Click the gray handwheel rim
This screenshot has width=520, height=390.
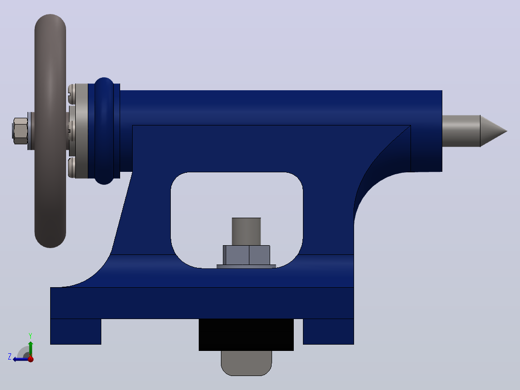[50, 131]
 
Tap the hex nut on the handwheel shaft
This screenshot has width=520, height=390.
[20, 131]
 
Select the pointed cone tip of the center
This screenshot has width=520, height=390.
[493, 131]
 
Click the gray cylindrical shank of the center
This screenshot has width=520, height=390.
[461, 131]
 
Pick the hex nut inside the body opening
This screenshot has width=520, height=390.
[246, 255]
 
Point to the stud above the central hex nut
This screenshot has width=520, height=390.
[246, 232]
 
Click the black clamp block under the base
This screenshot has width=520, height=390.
[246, 334]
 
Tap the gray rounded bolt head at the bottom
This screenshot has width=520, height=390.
[246, 363]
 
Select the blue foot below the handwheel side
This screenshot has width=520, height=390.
[76, 332]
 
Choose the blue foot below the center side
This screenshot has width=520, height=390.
[328, 332]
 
